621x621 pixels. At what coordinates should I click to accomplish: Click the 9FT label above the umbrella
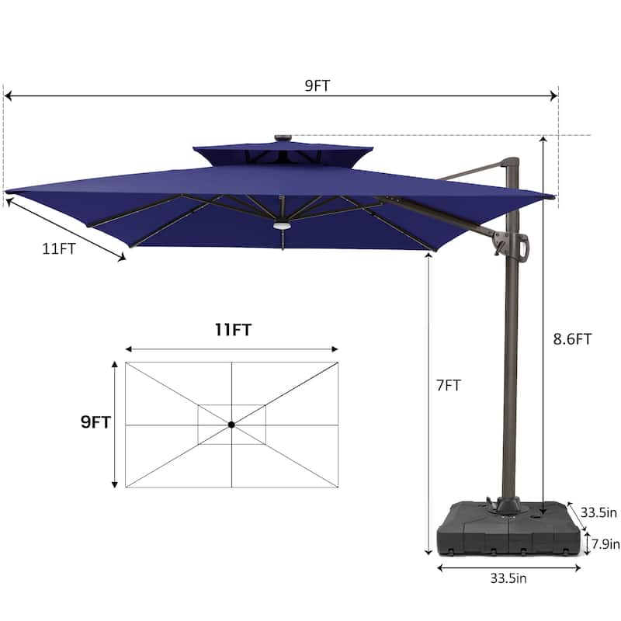317,85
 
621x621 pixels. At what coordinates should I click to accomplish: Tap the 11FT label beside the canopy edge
59,248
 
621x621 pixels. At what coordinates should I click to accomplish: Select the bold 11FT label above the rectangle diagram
233,329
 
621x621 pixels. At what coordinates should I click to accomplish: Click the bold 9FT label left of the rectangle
95,422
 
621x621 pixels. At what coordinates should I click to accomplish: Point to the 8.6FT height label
572,339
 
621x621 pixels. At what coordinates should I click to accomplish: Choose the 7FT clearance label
449,385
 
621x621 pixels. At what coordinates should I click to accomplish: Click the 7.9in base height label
605,544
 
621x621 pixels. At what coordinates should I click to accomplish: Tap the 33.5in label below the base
508,578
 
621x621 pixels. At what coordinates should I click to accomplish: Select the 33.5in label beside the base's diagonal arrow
598,512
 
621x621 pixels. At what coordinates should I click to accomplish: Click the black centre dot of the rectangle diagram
231,425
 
